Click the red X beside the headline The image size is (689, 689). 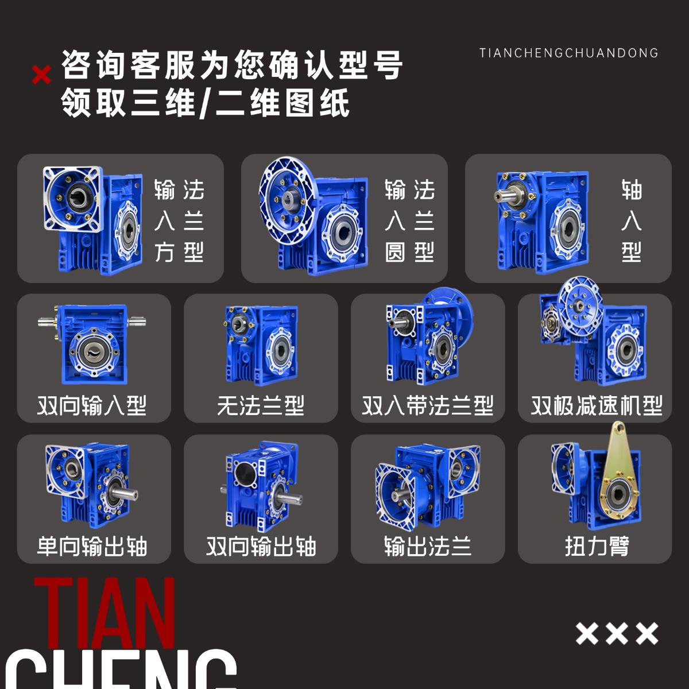[x=41, y=74]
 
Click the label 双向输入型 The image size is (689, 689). [x=92, y=405]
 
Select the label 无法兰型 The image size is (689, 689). [x=261, y=405]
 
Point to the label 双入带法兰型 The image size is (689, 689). [x=428, y=405]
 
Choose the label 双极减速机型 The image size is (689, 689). [x=597, y=405]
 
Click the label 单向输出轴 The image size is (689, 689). [x=92, y=546]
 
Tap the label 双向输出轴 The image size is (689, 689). [x=261, y=546]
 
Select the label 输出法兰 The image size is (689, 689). [x=428, y=546]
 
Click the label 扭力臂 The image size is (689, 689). [x=597, y=546]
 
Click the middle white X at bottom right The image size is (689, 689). [x=617, y=633]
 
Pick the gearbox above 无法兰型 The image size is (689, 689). [x=261, y=344]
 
